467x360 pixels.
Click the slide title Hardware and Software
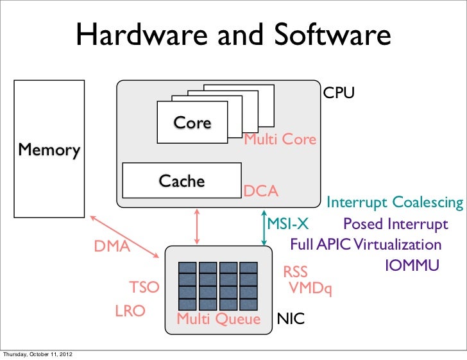[234, 37]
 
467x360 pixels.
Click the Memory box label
[49, 150]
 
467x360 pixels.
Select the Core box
[192, 123]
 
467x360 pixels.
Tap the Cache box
[182, 181]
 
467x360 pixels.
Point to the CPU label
[338, 94]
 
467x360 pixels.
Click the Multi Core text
[280, 139]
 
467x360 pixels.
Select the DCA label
[260, 191]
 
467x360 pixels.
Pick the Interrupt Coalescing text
[395, 203]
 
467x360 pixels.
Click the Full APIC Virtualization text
[366, 244]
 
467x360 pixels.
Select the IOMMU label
[411, 264]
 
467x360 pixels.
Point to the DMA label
[112, 246]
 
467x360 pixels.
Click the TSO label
[144, 287]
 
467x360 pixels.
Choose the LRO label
[130, 311]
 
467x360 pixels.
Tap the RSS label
[296, 274]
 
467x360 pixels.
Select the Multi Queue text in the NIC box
[218, 319]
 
